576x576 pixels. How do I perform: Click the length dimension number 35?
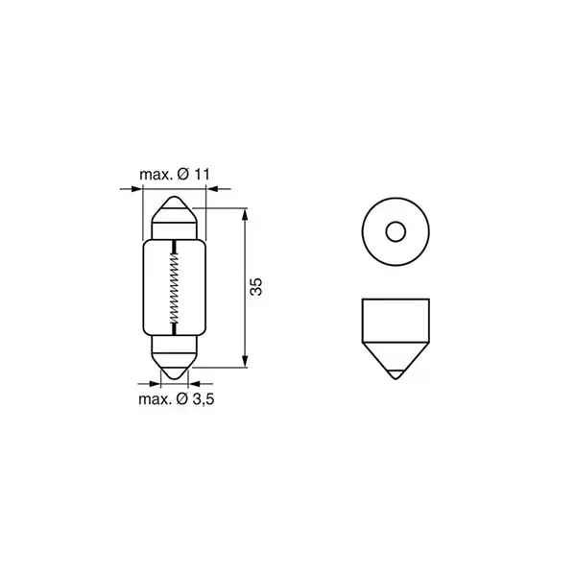tap(256, 287)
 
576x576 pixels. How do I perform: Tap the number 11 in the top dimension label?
tap(200, 174)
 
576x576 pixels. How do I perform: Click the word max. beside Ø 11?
tap(156, 174)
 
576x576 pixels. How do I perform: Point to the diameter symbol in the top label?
tap(182, 174)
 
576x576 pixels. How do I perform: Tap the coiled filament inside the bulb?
tap(174, 288)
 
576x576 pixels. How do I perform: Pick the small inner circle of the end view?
tap(393, 231)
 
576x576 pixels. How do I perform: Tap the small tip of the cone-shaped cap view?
tap(393, 372)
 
